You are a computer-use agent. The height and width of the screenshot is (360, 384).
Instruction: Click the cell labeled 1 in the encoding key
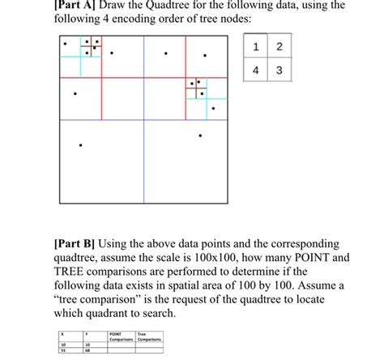tap(255, 46)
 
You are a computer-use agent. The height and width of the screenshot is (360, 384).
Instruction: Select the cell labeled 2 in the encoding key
tap(278, 46)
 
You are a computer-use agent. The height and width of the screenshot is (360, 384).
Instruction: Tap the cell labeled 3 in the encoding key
tap(278, 71)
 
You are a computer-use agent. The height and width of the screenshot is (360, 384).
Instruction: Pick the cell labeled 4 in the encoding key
tap(255, 71)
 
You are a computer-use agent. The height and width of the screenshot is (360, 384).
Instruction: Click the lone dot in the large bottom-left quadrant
tap(80, 146)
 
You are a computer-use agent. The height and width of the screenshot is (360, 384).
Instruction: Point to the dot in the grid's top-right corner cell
tap(204, 54)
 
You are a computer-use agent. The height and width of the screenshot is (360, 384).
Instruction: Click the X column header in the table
tap(64, 333)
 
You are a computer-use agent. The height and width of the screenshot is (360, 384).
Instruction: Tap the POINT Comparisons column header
tap(119, 336)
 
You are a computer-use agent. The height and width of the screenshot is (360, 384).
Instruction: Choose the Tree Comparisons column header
tap(149, 336)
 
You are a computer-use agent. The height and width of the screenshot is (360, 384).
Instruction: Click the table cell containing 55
tap(63, 351)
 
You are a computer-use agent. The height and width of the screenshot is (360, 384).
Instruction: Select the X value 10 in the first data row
tap(63, 345)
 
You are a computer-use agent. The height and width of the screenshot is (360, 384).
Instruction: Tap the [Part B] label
tap(75, 242)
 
